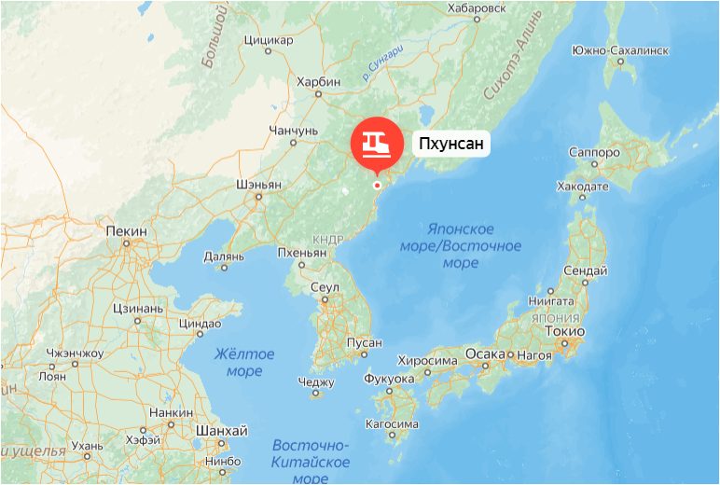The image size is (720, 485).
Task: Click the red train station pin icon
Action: pyautogui.click(x=376, y=144)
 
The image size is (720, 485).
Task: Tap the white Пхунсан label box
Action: pyautogui.click(x=451, y=144)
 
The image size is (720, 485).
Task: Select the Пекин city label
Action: pyautogui.click(x=127, y=230)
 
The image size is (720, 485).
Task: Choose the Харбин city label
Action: pyautogui.click(x=318, y=82)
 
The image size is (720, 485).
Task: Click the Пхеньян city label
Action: pyautogui.click(x=301, y=253)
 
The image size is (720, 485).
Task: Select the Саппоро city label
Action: pyautogui.click(x=594, y=152)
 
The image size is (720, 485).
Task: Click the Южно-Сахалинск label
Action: pyautogui.click(x=620, y=49)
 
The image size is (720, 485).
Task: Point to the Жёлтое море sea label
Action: pyautogui.click(x=244, y=363)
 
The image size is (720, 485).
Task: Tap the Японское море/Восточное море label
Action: pyautogui.click(x=473, y=246)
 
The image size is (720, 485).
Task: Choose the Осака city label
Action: pyautogui.click(x=485, y=354)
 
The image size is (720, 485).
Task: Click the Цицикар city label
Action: pyautogui.click(x=268, y=40)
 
